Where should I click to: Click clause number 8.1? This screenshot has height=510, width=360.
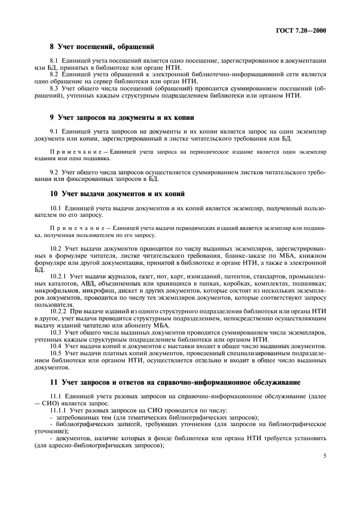click(x=54, y=60)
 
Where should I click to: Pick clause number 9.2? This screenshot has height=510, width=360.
click(x=54, y=172)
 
